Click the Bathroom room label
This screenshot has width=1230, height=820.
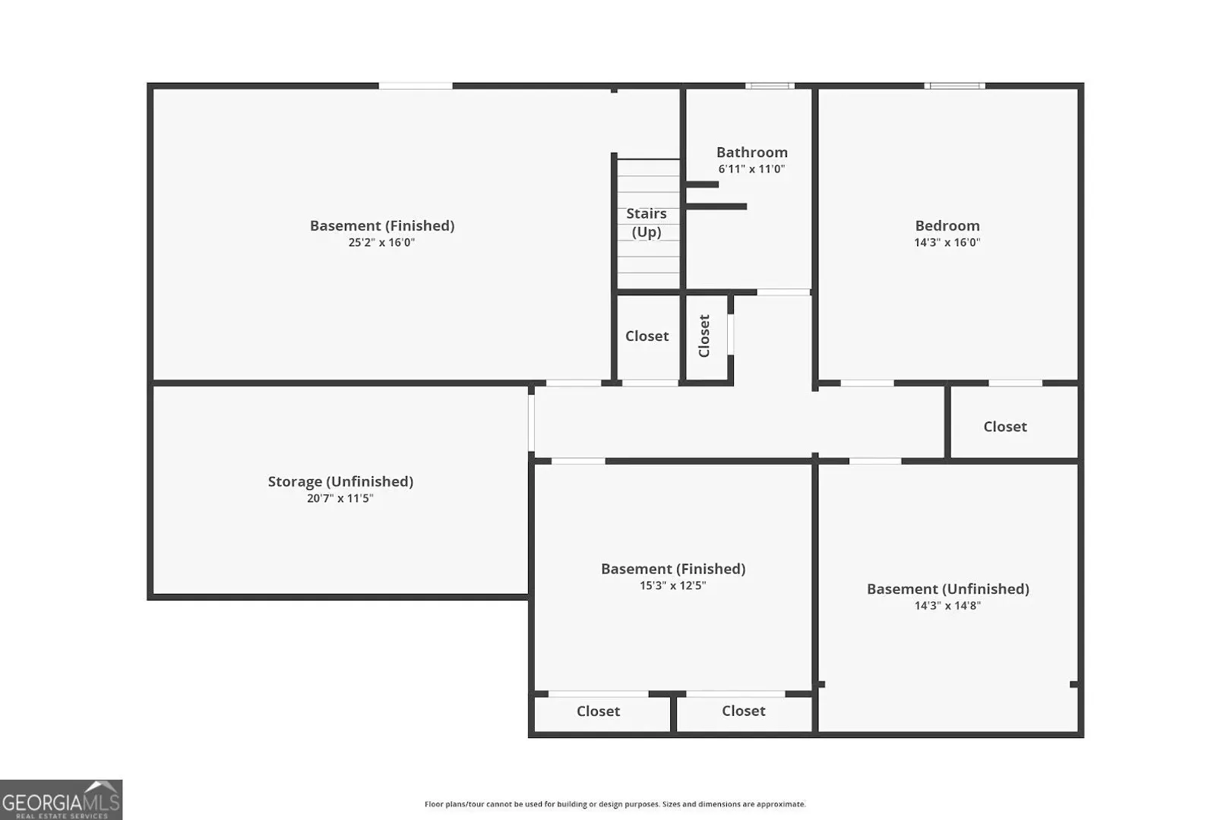pyautogui.click(x=751, y=152)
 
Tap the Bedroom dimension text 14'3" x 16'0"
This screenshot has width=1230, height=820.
pyautogui.click(x=947, y=242)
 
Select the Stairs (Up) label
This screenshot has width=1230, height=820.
pyautogui.click(x=647, y=222)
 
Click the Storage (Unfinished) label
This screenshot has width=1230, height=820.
pyautogui.click(x=340, y=481)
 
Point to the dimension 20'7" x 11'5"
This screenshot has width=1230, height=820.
pyautogui.click(x=340, y=498)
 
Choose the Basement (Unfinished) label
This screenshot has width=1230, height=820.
pyautogui.click(x=947, y=589)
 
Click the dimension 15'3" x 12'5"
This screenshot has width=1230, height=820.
pyautogui.click(x=672, y=585)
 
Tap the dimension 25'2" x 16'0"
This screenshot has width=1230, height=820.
pyautogui.click(x=381, y=242)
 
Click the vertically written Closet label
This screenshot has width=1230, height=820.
pyautogui.click(x=704, y=336)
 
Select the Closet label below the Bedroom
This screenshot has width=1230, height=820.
pyautogui.click(x=1005, y=427)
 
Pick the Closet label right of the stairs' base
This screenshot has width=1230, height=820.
pyautogui.click(x=647, y=336)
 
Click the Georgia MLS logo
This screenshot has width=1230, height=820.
pyautogui.click(x=61, y=799)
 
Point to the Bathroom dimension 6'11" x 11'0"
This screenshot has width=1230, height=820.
pyautogui.click(x=751, y=169)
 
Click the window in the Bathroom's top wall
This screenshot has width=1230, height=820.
pyautogui.click(x=770, y=86)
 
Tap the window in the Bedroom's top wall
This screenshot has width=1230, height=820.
pyautogui.click(x=954, y=86)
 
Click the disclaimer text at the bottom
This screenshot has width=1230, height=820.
pyautogui.click(x=615, y=804)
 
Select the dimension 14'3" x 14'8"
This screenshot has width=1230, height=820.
pyautogui.click(x=947, y=605)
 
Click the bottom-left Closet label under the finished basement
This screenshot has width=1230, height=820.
pyautogui.click(x=598, y=711)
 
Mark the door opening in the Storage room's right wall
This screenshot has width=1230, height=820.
pyautogui.click(x=531, y=423)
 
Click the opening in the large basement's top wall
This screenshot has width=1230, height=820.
pyautogui.click(x=416, y=86)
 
